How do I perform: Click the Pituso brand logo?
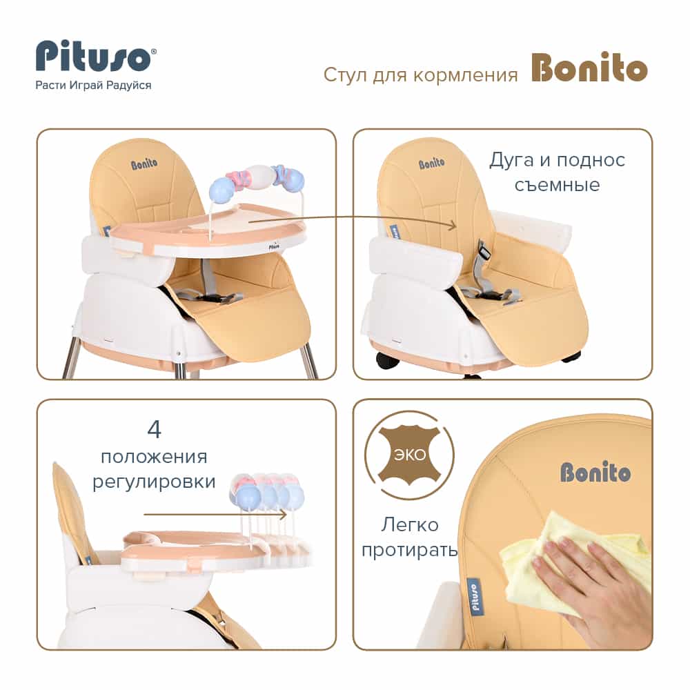95,56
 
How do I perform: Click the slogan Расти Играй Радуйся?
93,86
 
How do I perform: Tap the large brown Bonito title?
589,68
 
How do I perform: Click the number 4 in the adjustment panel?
154,429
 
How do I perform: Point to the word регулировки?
154,482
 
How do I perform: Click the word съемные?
557,185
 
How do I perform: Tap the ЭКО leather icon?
409,455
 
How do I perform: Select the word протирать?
409,551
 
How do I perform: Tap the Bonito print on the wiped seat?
595,472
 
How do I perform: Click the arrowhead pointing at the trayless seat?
452,226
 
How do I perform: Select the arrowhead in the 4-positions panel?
282,514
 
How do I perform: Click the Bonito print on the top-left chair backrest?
144,164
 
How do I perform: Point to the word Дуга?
511,161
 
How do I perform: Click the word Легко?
410,525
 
